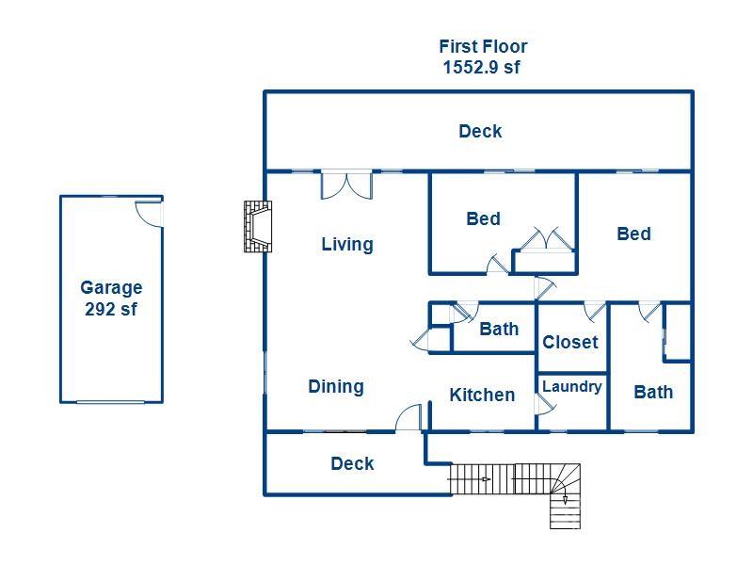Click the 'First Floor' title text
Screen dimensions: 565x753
click(483, 46)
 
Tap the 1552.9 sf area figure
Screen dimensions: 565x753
click(481, 68)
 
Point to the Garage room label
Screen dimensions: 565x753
click(111, 288)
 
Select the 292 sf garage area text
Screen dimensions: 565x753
click(111, 309)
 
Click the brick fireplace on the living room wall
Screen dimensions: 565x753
click(257, 226)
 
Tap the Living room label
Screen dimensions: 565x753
click(347, 245)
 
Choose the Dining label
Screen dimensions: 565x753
click(336, 386)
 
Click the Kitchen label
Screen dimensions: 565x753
click(482, 395)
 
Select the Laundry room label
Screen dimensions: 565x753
click(571, 386)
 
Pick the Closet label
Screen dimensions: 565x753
click(570, 342)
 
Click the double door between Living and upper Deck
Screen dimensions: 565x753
click(346, 185)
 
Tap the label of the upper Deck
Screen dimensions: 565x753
click(480, 132)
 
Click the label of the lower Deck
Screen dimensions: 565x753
click(352, 463)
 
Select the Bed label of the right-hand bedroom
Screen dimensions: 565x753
click(633, 234)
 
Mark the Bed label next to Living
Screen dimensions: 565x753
click(483, 218)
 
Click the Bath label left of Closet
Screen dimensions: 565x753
click(499, 329)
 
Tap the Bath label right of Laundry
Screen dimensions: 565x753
click(653, 392)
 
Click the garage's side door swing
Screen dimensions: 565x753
click(149, 212)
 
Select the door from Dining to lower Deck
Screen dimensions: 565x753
click(409, 418)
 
